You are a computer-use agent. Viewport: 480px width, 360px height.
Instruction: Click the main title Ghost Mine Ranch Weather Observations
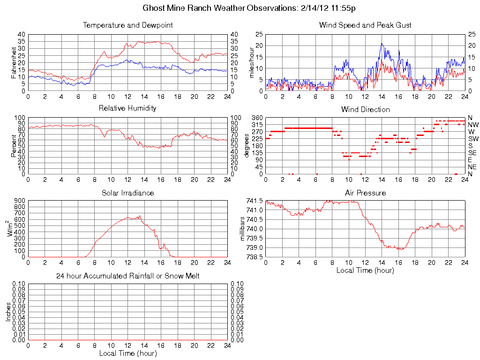pos(249,8)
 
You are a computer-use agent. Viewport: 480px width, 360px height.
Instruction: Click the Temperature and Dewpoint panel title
pos(127,25)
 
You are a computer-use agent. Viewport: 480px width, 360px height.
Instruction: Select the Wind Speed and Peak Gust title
pos(365,25)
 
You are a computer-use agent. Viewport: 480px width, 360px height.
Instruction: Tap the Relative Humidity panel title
pos(127,108)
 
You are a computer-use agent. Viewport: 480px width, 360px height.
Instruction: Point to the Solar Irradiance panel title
pos(127,193)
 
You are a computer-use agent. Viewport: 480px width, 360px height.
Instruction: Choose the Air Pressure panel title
pos(365,193)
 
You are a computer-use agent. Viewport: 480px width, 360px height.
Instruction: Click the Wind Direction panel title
pos(365,109)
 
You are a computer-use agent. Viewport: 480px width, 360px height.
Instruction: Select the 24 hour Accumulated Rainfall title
pos(127,276)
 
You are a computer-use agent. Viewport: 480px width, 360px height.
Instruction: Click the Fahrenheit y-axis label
pos(15,62)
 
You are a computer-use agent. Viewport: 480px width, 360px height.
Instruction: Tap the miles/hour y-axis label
pos(251,62)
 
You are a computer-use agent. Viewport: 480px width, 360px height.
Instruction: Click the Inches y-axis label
pos(8,312)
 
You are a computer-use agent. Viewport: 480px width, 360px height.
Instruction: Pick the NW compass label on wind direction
pos(472,125)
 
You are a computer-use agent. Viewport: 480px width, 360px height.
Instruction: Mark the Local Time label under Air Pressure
pos(365,270)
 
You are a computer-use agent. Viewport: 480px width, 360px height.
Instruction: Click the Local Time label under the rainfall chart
pos(127,353)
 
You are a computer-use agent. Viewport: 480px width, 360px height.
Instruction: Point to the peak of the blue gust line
pos(382,44)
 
